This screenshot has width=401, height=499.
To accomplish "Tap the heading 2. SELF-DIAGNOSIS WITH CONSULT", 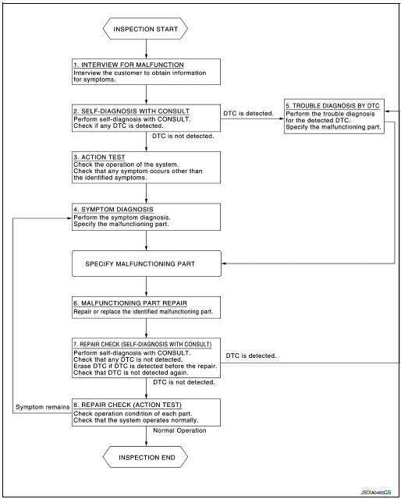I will [128, 111].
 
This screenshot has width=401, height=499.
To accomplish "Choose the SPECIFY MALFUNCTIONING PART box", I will [146, 264].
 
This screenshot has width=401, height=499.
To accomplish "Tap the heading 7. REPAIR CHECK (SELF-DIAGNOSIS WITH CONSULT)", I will [140, 344].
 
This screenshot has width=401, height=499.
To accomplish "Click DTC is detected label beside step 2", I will [249, 112].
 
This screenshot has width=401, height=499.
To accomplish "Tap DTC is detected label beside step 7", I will [251, 356].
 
